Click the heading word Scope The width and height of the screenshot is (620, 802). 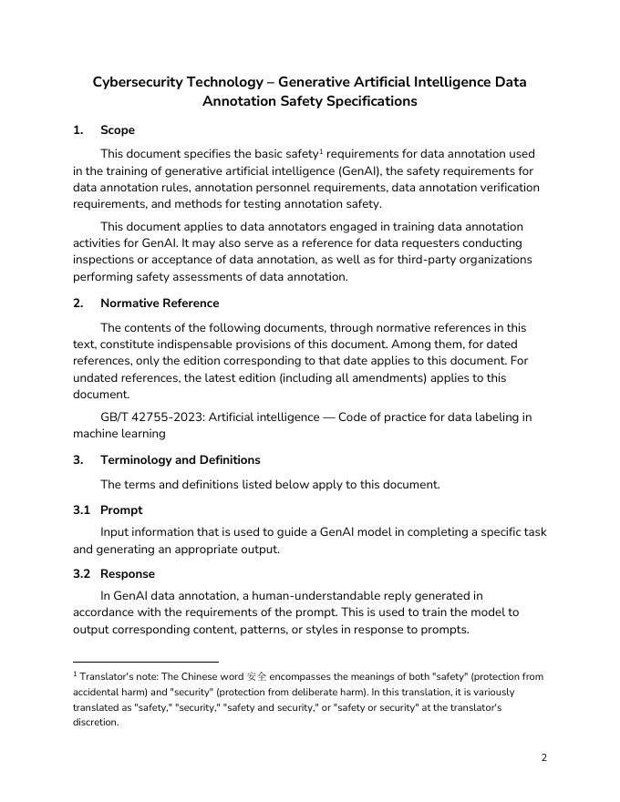118,130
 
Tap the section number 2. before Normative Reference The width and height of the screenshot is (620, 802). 78,303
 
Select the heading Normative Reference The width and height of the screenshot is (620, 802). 160,303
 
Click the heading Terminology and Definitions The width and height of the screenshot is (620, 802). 181,460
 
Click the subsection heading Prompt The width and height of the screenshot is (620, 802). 121,510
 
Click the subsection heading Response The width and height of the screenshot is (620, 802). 128,574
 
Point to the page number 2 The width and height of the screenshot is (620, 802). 544,757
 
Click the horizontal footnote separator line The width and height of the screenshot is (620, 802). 146,662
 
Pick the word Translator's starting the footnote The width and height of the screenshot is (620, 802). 104,676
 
